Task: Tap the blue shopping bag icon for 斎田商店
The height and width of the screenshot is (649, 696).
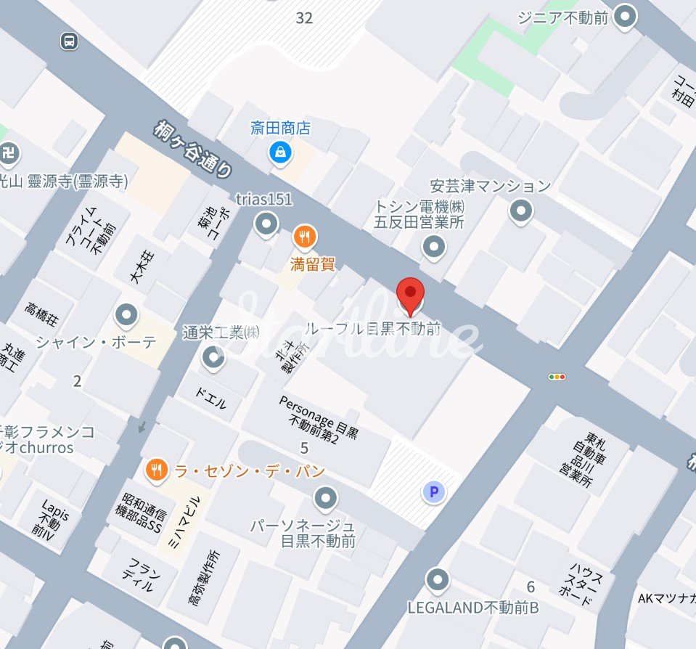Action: tap(280, 152)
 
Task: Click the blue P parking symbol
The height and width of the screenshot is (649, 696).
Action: tap(434, 494)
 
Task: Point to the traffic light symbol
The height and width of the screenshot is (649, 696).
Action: tap(557, 377)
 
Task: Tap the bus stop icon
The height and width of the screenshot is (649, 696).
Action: tap(69, 41)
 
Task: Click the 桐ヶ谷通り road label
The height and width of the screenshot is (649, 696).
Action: tap(195, 149)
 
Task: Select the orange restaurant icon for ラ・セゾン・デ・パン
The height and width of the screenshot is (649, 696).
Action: tap(156, 470)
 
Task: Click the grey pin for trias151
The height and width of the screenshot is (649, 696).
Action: tap(268, 223)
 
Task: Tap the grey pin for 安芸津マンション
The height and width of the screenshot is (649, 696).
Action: tap(520, 211)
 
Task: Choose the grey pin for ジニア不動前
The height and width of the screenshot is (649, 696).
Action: tap(625, 15)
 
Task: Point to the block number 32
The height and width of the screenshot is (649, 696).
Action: tap(304, 18)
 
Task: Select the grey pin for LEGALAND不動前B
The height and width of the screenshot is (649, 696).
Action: tap(437, 579)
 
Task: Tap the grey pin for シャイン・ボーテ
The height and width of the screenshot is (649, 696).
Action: tap(127, 315)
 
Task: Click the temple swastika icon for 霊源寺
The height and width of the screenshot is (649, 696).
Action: tap(9, 153)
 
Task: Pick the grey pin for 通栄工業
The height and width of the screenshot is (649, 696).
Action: tap(213, 356)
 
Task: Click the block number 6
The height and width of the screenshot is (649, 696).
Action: tap(531, 587)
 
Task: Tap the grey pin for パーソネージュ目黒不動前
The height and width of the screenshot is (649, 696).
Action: tap(325, 498)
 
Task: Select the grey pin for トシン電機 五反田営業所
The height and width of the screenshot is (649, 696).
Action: tap(434, 248)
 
